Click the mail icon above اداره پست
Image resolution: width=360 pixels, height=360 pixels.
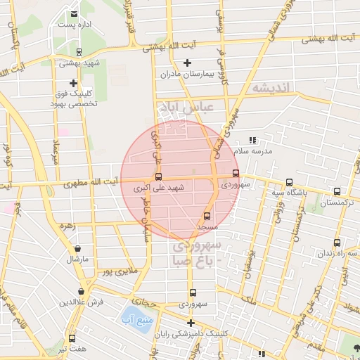(75, 13)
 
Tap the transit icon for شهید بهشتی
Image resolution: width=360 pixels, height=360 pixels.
(79, 51)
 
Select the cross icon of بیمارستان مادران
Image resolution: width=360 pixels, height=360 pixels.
(187, 63)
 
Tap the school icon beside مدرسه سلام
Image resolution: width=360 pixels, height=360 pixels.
(252, 140)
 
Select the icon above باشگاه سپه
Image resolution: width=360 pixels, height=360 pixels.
(290, 181)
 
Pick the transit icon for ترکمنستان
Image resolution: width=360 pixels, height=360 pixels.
(337, 191)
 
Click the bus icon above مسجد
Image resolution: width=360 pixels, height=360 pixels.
(207, 217)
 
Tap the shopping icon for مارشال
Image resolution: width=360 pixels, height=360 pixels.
(77, 248)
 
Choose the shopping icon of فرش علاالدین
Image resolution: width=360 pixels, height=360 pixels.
(82, 290)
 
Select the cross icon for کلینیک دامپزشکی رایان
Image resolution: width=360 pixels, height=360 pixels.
(190, 323)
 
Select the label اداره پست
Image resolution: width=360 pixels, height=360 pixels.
(75, 25)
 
